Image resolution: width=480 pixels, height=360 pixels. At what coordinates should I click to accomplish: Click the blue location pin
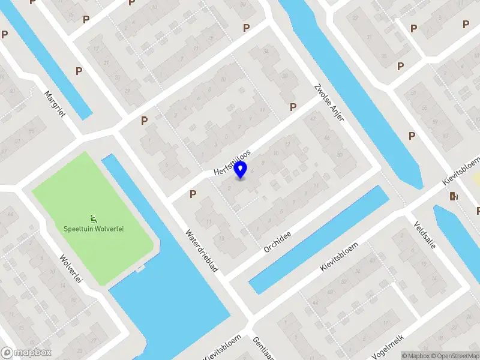241,170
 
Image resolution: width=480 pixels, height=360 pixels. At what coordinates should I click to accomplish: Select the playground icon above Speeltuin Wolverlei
94,218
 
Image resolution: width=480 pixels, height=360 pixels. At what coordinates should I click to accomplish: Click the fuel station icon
452,196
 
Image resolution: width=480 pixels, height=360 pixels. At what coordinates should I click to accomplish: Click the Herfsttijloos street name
232,163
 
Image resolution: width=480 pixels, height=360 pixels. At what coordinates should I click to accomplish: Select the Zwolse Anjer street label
329,102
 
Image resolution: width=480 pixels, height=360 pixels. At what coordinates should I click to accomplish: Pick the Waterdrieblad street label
200,252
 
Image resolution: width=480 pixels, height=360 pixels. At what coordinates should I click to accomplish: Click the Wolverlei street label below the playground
70,269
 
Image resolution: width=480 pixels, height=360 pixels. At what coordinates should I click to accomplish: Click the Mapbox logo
25,353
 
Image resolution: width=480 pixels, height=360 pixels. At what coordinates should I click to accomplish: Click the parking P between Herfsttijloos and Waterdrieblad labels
193,194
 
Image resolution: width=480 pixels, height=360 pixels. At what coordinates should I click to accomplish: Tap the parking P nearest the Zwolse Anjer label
293,107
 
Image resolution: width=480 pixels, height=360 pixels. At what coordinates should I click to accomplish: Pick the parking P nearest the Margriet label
79,71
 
